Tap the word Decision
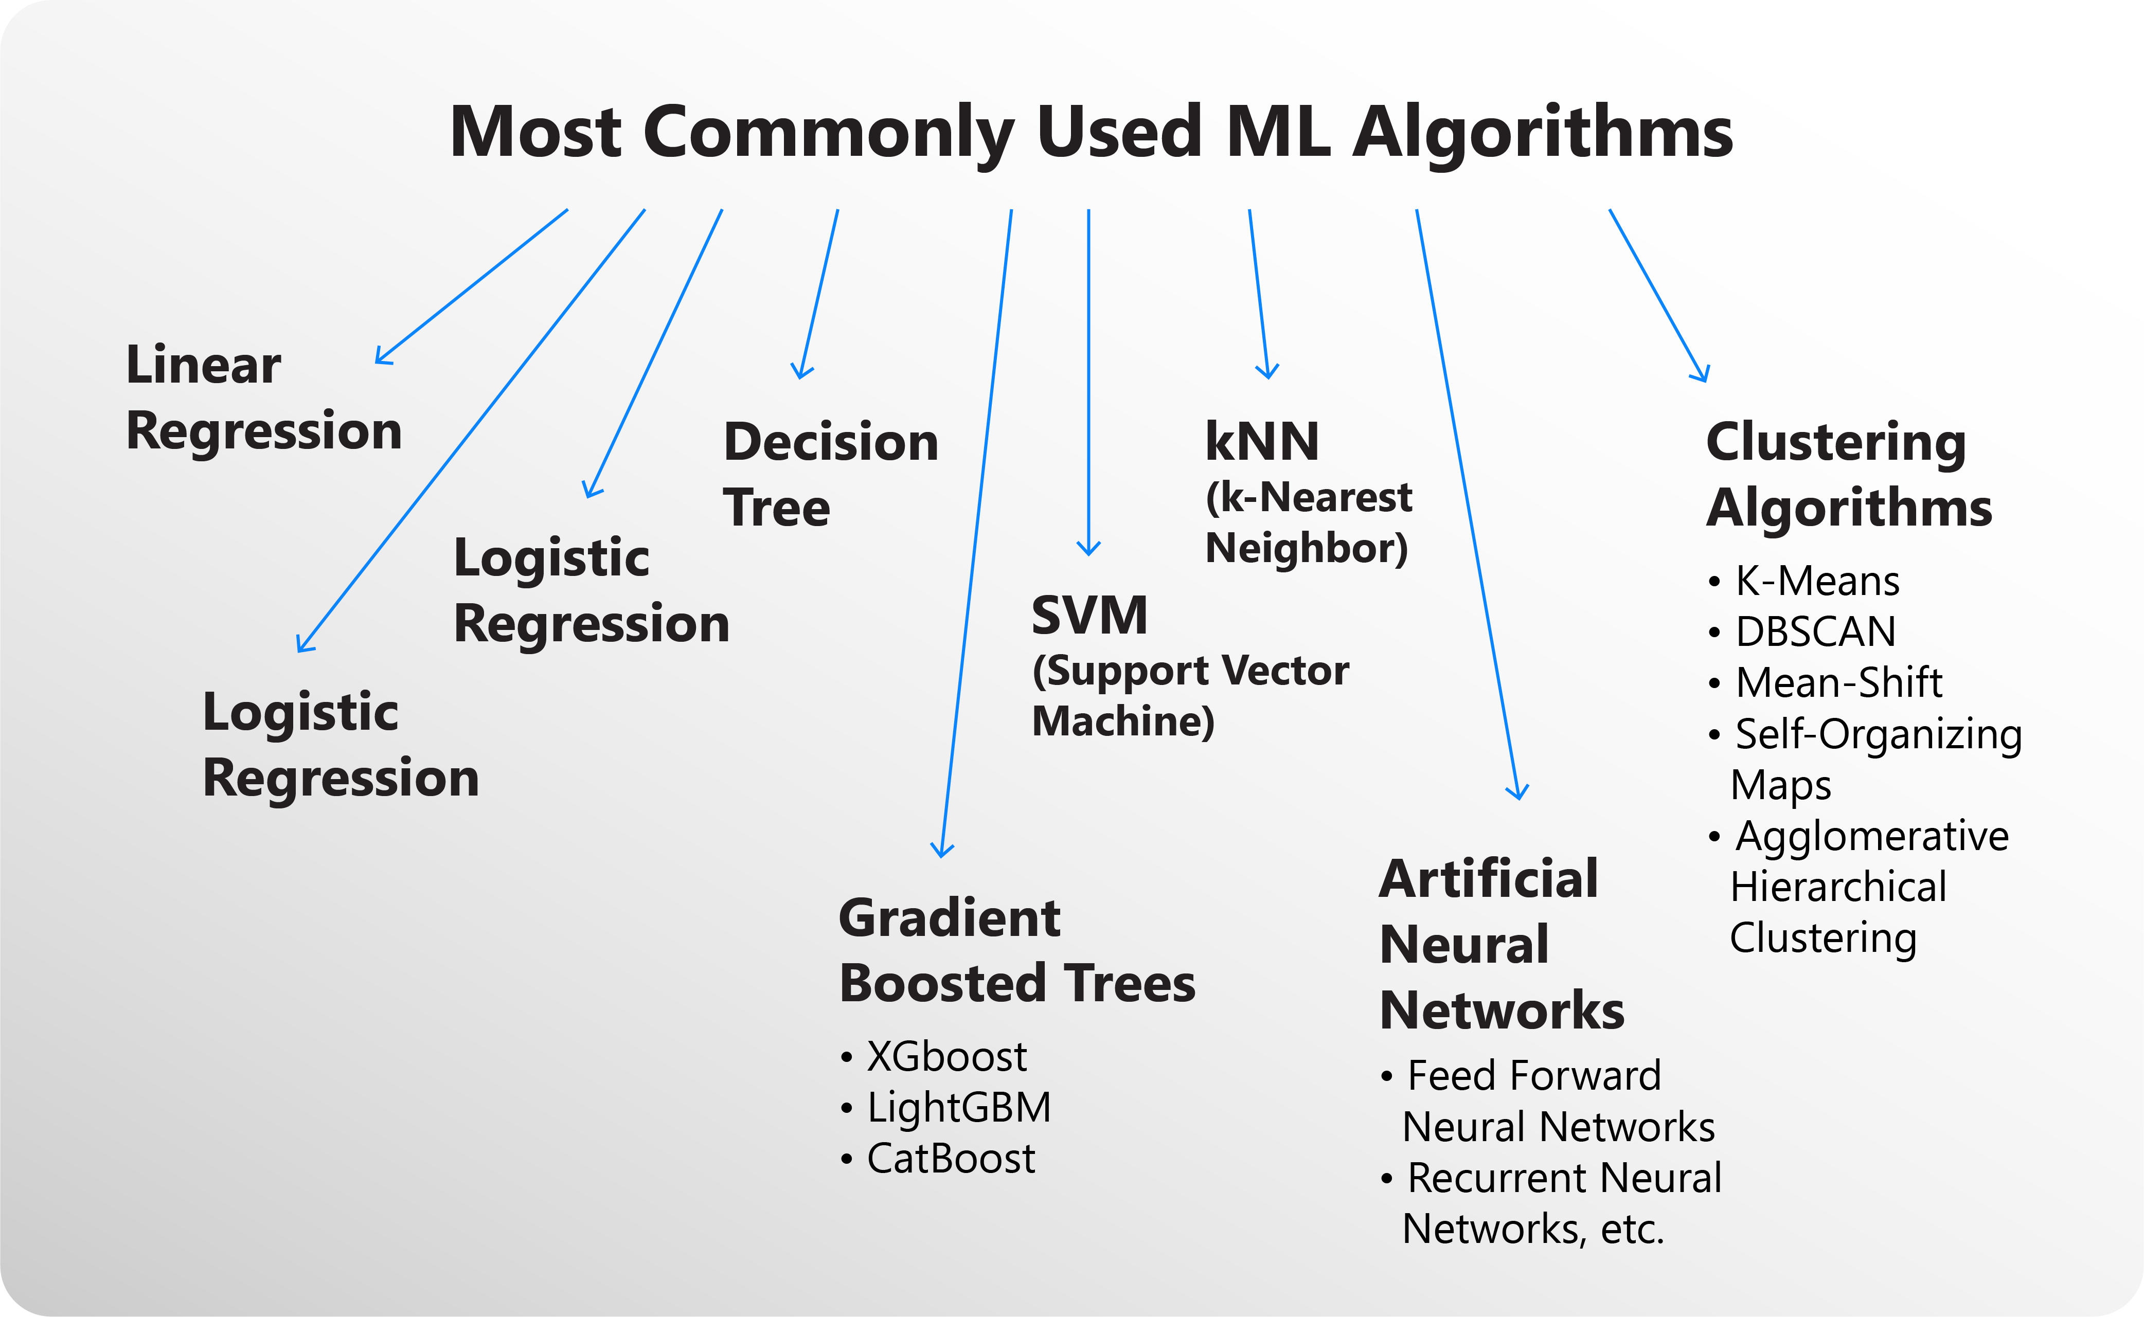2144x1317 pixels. pyautogui.click(x=830, y=442)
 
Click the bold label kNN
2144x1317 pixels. pyautogui.click(x=1261, y=442)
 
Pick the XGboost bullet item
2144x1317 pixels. pyautogui.click(x=946, y=1057)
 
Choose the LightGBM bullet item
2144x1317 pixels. pyautogui.click(x=958, y=1108)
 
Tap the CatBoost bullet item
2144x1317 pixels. pyautogui.click(x=951, y=1159)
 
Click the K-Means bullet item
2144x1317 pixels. pyautogui.click(x=1816, y=581)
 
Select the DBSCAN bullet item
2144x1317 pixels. pyautogui.click(x=1815, y=632)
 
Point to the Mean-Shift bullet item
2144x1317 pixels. pyautogui.click(x=1838, y=683)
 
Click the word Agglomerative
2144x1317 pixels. pyautogui.click(x=1871, y=836)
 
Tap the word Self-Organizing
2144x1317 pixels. pyautogui.click(x=1878, y=734)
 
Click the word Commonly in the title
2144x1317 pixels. pyautogui.click(x=829, y=132)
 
